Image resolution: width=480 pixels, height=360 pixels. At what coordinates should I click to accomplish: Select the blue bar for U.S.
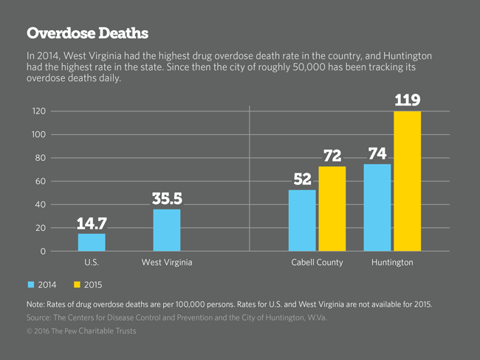[x=92, y=243]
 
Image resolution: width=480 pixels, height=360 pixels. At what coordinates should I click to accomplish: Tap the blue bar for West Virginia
[x=167, y=230]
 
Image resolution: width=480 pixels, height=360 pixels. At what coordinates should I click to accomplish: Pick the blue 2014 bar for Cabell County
[x=302, y=221]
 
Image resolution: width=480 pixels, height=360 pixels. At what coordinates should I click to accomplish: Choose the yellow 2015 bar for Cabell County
[x=332, y=209]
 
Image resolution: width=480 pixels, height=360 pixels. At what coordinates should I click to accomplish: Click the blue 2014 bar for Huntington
[x=377, y=207]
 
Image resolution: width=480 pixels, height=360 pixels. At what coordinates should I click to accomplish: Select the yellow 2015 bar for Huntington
[x=407, y=181]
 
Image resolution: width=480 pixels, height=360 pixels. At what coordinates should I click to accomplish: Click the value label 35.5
[x=167, y=198]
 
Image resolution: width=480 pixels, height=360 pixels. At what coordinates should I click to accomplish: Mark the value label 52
[x=302, y=179]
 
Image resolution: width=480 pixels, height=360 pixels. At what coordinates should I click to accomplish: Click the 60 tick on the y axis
[x=41, y=181]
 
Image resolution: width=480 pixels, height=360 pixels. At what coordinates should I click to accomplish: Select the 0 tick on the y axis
[x=43, y=252]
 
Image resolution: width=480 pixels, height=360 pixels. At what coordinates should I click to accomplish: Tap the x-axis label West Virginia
[x=167, y=263]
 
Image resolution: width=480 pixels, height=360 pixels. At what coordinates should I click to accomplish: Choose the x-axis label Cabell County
[x=317, y=263]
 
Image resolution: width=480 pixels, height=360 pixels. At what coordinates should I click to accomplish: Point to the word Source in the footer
[x=41, y=317]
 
